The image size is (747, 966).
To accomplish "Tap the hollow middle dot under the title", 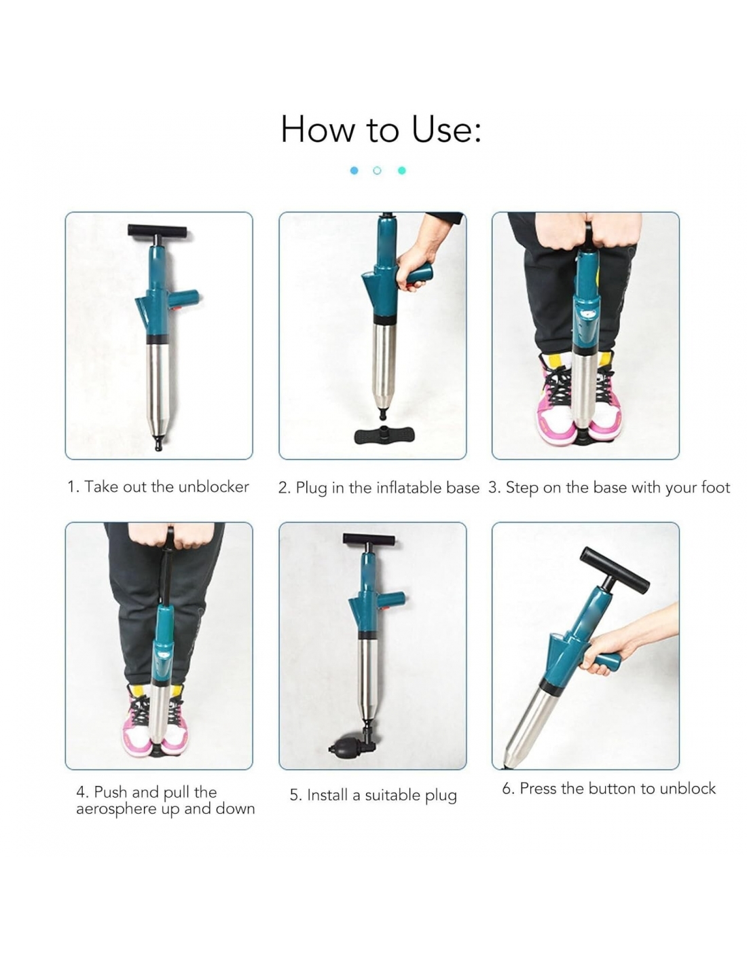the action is pyautogui.click(x=377, y=171).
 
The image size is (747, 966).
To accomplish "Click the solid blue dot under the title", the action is pyautogui.click(x=354, y=171).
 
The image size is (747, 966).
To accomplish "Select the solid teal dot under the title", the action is pyautogui.click(x=402, y=171).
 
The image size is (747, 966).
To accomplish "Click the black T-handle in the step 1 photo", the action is pyautogui.click(x=158, y=231).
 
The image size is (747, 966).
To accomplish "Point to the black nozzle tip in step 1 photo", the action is pyautogui.click(x=158, y=443).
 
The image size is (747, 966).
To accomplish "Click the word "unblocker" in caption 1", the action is pyautogui.click(x=213, y=486).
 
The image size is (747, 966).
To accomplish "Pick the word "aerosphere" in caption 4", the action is pyautogui.click(x=116, y=808).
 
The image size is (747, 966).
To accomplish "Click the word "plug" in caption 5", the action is pyautogui.click(x=441, y=795).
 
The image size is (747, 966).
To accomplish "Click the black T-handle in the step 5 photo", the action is pyautogui.click(x=368, y=540).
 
